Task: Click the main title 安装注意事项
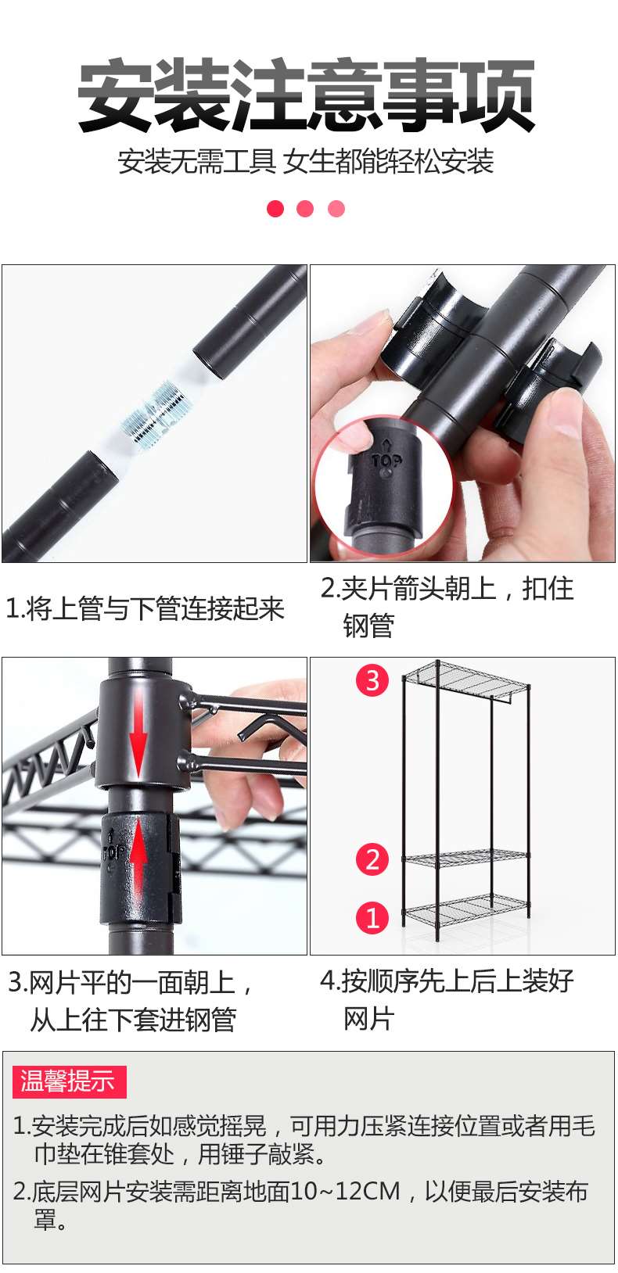point(307,95)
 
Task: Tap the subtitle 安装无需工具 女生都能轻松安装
point(306,162)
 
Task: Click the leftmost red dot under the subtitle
point(275,209)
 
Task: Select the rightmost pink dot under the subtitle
point(336,209)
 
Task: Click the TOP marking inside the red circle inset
point(386,461)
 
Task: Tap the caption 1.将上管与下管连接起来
point(145,608)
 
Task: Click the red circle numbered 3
point(372,680)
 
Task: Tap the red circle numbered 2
point(372,859)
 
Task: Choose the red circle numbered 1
point(372,917)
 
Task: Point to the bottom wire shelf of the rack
point(465,910)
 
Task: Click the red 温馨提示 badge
point(69,1081)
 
